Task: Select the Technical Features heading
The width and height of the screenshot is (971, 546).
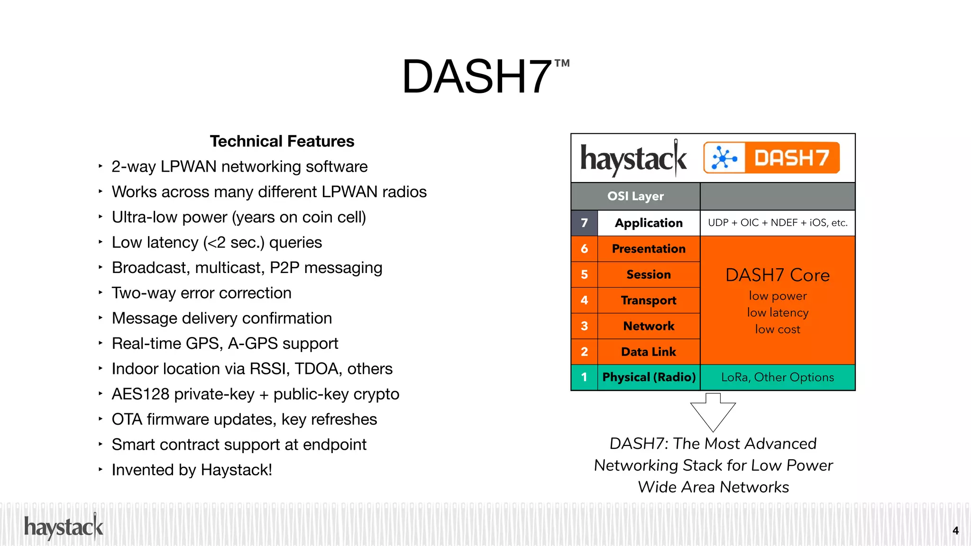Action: point(282,141)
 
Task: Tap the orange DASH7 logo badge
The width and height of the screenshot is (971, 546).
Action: point(771,158)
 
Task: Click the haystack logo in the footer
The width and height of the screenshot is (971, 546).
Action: point(64,527)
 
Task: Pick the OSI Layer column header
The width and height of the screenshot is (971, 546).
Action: point(635,196)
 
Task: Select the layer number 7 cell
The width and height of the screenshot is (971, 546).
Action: point(584,223)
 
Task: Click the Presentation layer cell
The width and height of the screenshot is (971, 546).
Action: point(648,249)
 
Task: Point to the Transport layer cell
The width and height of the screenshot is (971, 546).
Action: point(648,300)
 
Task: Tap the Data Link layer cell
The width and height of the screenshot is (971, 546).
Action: point(648,352)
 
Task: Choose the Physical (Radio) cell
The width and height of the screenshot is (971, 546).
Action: point(648,377)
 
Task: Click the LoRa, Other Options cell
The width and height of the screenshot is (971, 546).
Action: point(777,377)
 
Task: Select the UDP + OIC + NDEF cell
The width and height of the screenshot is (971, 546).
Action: point(777,223)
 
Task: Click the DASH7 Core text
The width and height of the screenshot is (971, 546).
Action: point(777,275)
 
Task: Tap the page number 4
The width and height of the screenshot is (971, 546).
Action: point(955,531)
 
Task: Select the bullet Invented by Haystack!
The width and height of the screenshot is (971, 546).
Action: point(192,470)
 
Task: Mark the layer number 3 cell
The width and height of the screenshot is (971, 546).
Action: point(584,326)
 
